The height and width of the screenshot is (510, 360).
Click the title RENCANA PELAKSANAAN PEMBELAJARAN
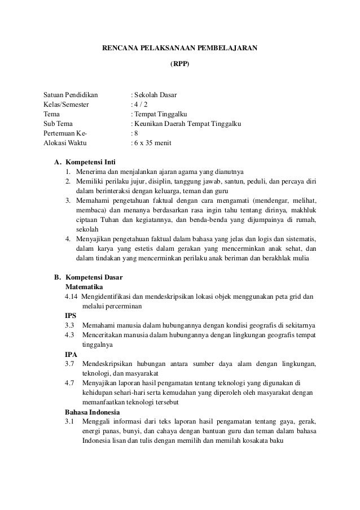coord(179,48)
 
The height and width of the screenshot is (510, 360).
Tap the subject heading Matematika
coord(84,287)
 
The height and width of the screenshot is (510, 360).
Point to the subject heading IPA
coord(71,355)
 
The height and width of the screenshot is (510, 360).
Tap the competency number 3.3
coord(70,326)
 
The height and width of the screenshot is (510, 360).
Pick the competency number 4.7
coord(70,383)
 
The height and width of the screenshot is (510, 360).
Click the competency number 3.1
coord(70,422)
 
